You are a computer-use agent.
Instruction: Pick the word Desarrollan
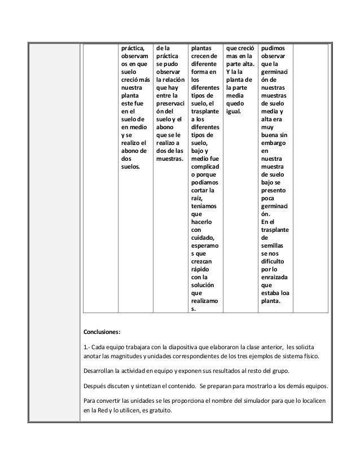pyautogui.click(x=102, y=372)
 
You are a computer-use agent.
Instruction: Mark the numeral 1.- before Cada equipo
pyautogui.click(x=87, y=345)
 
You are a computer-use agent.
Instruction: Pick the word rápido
pyautogui.click(x=201, y=270)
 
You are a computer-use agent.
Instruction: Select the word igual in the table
pyautogui.click(x=234, y=112)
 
